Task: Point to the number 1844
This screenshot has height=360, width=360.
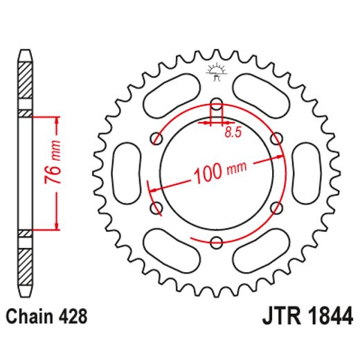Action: click(330, 317)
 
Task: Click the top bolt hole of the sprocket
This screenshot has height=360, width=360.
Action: click(216, 105)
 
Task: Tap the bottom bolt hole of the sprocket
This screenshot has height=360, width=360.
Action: click(216, 242)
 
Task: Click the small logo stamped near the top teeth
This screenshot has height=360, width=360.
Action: click(216, 71)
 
